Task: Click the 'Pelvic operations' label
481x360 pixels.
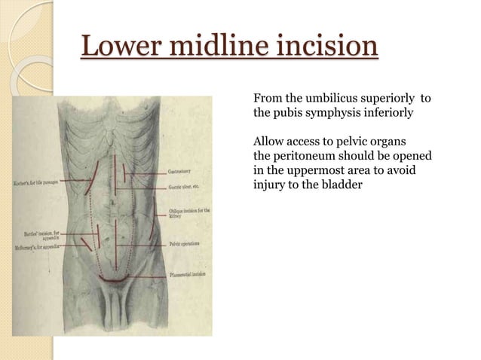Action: pos(186,243)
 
